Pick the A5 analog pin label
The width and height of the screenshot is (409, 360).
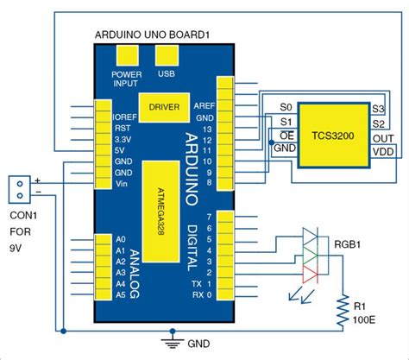[x=120, y=294]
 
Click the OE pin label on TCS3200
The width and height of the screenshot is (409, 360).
[x=287, y=136]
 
